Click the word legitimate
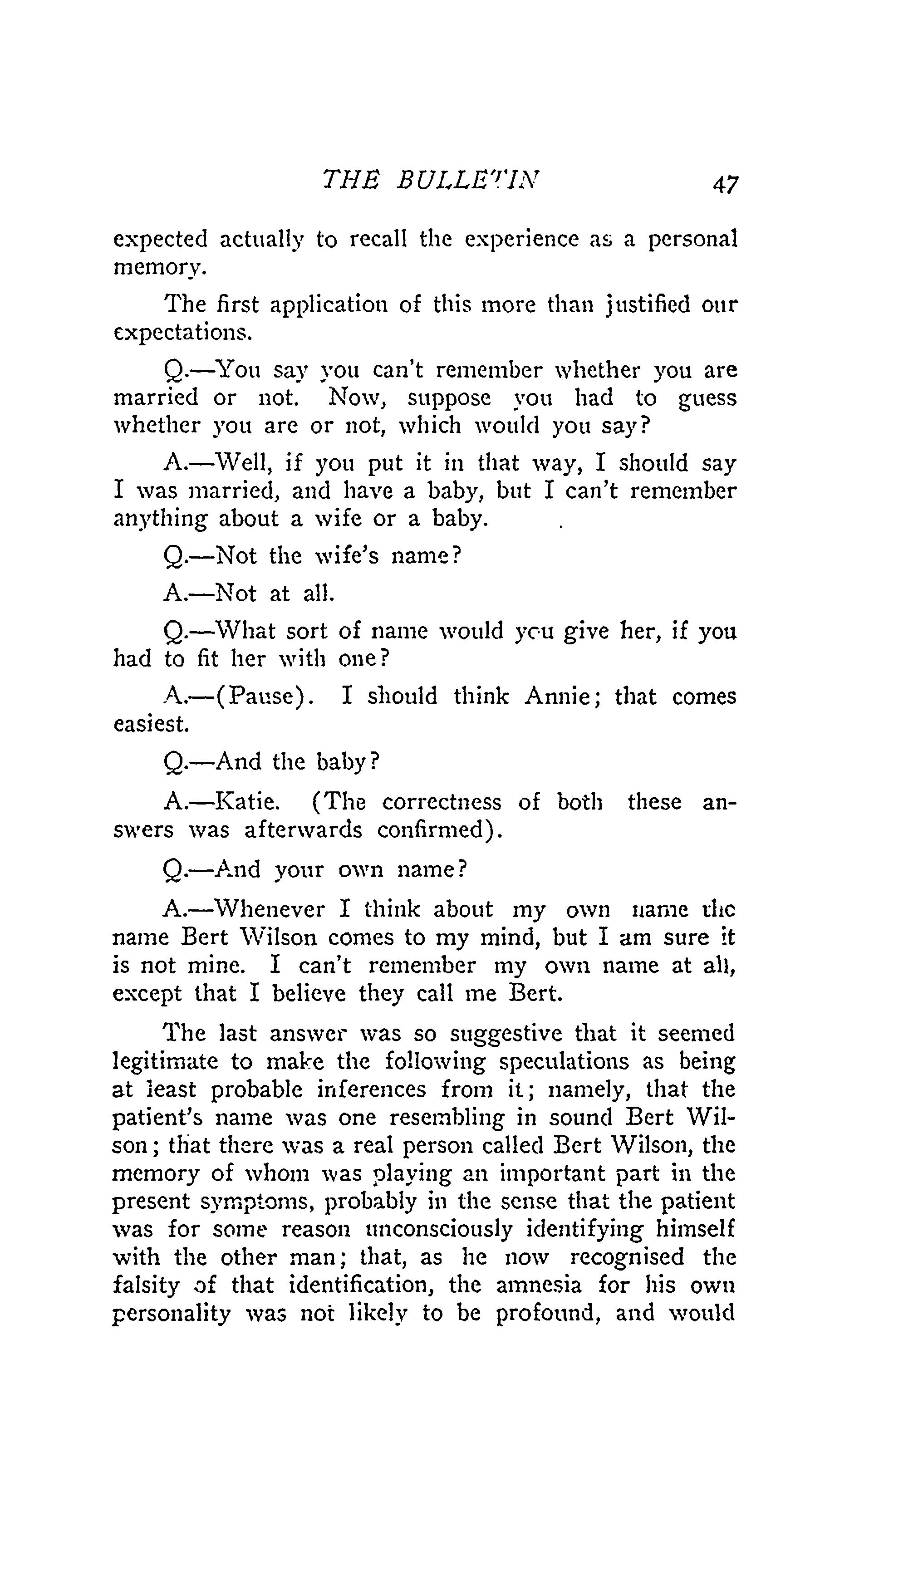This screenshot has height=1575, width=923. pos(165,1061)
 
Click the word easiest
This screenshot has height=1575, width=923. pos(151,724)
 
